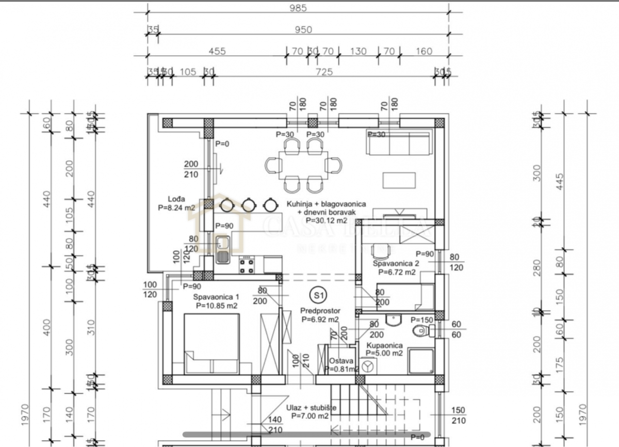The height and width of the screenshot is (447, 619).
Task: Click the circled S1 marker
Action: pos(318,295)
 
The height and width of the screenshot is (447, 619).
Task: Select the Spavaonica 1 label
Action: pos(216,297)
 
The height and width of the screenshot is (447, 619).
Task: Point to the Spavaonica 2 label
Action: pos(396,263)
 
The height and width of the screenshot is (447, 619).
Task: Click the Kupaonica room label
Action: pos(385,346)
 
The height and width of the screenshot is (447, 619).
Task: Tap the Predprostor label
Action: pos(319,311)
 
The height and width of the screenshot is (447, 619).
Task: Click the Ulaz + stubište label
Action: pos(314,408)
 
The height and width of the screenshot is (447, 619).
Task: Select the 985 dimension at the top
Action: pos(298,8)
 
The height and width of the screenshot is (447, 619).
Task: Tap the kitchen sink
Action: pos(222,249)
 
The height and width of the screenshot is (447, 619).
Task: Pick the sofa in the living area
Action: pos(399,142)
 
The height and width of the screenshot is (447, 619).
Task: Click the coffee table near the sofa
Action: pos(399,180)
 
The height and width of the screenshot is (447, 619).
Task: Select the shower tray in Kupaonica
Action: pos(421,361)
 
